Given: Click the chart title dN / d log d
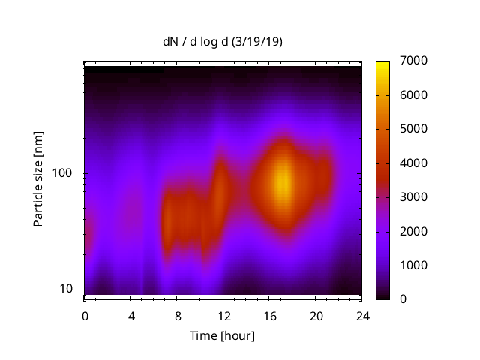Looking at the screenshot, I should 196,42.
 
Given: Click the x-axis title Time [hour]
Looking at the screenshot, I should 223,335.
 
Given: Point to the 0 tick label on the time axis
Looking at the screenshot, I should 85,315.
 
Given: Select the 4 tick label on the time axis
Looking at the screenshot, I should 130,315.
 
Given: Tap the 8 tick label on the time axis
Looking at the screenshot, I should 177,315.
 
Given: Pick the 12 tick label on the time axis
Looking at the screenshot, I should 223,315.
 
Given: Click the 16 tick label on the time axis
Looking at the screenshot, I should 269,315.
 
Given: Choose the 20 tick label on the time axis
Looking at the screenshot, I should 316,315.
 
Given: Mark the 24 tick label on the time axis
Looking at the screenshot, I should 362,315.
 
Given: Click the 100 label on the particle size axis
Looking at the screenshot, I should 62,173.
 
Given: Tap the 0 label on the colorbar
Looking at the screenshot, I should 404,298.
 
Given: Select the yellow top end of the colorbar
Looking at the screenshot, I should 382,64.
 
